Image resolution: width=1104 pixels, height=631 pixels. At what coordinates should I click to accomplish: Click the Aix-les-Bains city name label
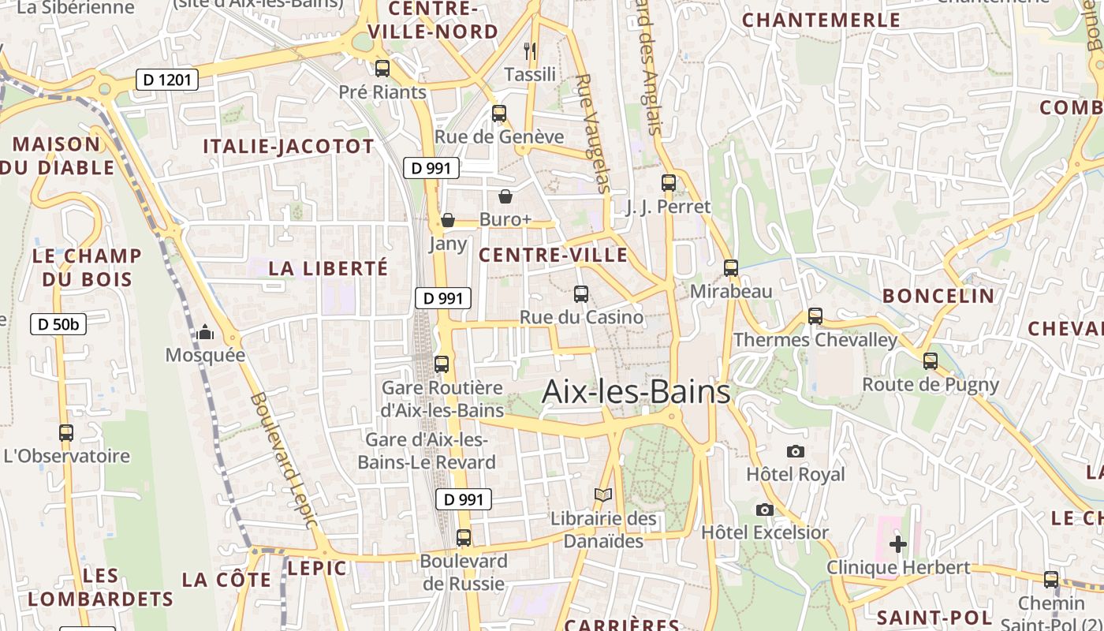636,392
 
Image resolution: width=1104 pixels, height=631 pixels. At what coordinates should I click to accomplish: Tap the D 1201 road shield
166,80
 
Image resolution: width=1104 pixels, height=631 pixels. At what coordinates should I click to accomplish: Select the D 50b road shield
58,324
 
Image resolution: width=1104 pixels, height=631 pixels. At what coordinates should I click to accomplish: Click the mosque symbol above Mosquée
206,333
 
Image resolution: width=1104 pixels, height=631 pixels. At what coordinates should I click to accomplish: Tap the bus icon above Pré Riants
382,69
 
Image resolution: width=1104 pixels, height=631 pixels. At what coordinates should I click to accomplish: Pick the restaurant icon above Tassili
530,51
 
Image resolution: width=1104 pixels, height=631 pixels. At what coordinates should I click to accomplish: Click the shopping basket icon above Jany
448,220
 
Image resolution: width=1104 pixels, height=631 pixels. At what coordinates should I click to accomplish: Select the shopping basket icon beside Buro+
505,196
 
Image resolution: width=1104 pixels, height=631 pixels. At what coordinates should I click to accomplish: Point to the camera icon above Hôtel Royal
796,452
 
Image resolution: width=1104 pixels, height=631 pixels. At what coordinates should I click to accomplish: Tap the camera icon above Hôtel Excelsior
764,510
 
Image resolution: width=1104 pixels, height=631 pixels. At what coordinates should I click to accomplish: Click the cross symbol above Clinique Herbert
897,544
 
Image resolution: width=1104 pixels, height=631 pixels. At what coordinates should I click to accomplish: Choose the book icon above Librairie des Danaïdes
603,495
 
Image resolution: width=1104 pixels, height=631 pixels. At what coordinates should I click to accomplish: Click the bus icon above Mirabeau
731,268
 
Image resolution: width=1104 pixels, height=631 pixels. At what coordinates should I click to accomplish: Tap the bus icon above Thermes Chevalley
815,316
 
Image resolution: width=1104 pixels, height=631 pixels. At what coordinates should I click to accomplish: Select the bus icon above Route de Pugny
931,361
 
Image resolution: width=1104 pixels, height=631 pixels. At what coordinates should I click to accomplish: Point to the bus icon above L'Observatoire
66,433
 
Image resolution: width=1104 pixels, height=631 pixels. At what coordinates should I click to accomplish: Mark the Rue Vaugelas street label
594,133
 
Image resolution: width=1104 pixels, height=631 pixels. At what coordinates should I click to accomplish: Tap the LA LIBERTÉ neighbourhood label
328,268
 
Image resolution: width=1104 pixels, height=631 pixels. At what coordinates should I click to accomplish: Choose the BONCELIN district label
938,297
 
